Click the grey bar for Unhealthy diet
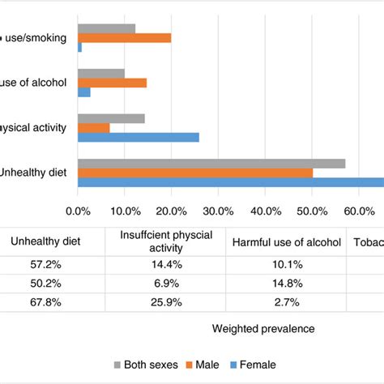[x=211, y=163]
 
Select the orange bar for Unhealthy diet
[x=195, y=173]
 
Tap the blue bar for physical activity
[x=139, y=137]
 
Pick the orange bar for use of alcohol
[x=113, y=83]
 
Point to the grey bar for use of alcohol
[x=101, y=73]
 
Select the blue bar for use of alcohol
[x=84, y=92]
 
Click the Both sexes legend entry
[x=146, y=363]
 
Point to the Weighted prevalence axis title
[x=262, y=329]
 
